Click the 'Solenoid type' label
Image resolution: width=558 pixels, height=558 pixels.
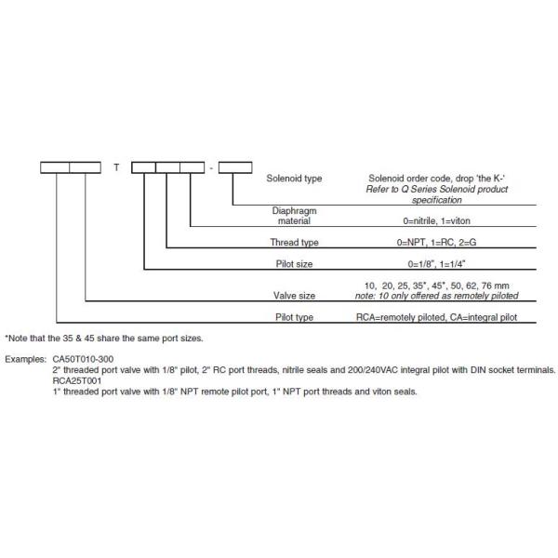pyautogui.click(x=295, y=177)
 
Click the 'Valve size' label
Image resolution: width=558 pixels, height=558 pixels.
pyautogui.click(x=294, y=296)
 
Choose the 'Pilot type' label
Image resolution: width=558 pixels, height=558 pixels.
pyautogui.click(x=296, y=317)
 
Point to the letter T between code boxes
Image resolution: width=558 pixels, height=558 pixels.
pyautogui.click(x=116, y=168)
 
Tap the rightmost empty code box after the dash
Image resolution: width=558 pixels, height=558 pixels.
pyautogui.click(x=234, y=167)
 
